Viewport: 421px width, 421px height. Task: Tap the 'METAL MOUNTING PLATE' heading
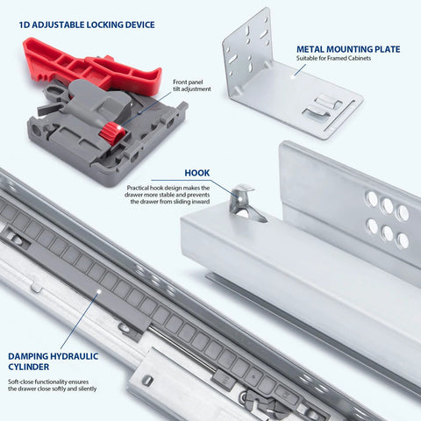pyautogui.click(x=348, y=50)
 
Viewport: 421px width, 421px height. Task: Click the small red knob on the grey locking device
pyautogui.click(x=111, y=132)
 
